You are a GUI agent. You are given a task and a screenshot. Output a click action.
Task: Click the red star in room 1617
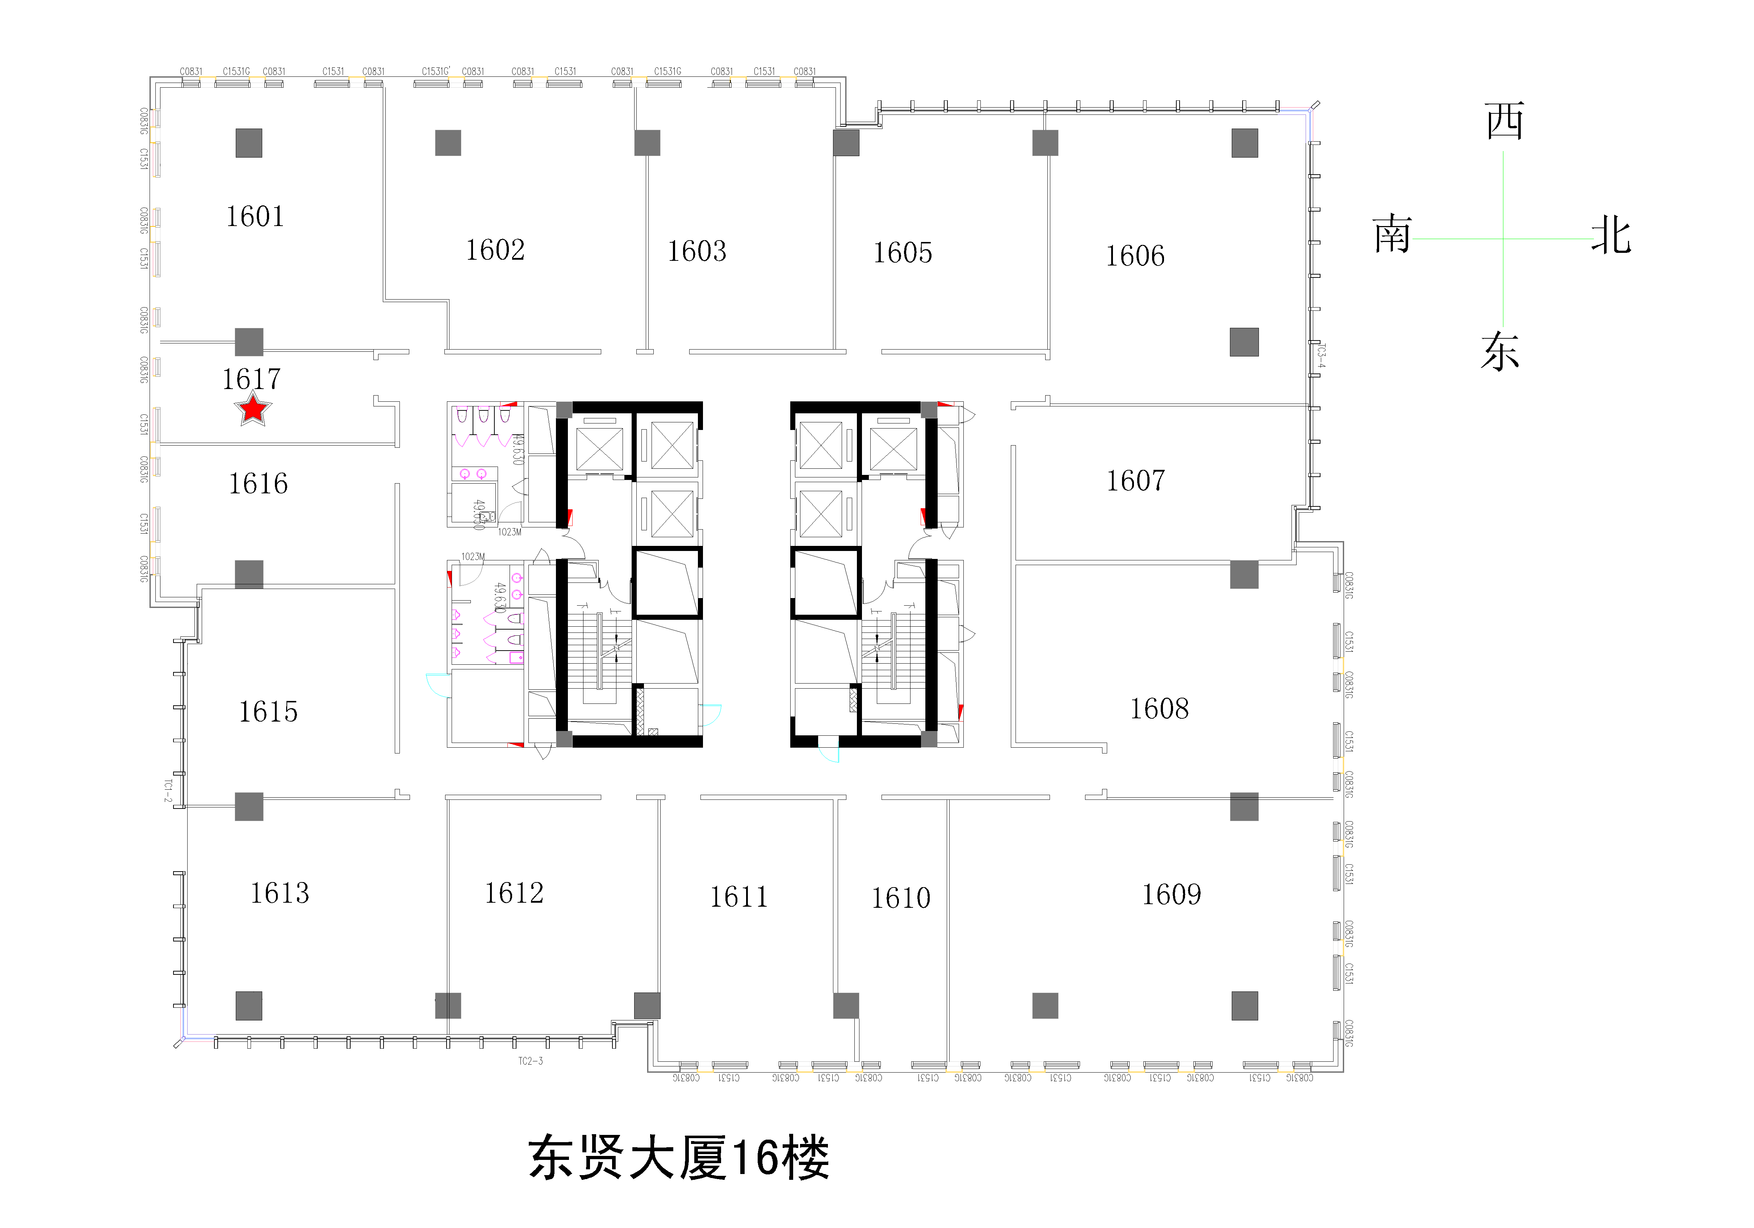(252, 410)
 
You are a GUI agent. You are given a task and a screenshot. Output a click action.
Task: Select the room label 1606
(1135, 256)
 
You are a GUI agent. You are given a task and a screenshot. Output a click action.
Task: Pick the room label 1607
(1136, 481)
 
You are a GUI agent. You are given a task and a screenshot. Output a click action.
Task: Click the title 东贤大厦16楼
(678, 1158)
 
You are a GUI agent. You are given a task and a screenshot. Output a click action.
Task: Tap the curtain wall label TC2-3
(530, 1061)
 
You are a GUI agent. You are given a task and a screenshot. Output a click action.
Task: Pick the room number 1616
(258, 484)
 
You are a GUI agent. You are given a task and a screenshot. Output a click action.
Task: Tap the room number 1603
(697, 251)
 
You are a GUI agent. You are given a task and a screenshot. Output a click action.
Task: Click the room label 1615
(268, 712)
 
